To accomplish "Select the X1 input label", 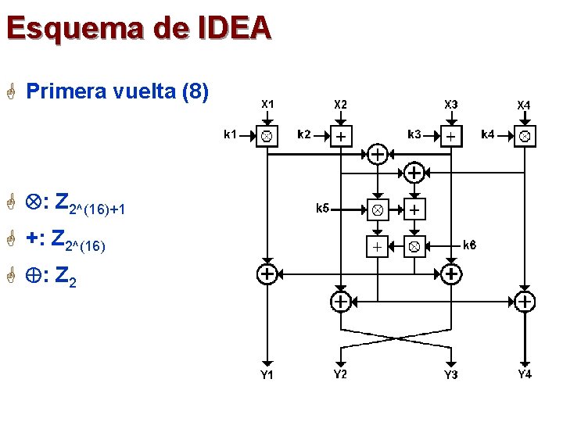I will tap(267, 103).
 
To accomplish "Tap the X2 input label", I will tap(341, 104).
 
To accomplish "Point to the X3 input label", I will tap(451, 104).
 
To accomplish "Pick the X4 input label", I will tap(524, 105).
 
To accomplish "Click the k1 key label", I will tap(231, 134).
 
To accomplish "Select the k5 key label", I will tap(322, 208).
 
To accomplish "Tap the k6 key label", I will tap(470, 245).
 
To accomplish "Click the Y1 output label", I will tap(267, 375).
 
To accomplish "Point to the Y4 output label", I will tap(525, 374).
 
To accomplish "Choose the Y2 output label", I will tap(340, 374).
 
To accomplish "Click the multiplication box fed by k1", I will tap(267, 137).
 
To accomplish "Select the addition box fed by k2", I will tap(341, 137).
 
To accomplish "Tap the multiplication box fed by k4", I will tap(525, 137).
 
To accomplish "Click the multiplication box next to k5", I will tap(377, 209).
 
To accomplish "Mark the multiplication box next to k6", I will tap(414, 246).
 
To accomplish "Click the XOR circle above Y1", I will tap(267, 274).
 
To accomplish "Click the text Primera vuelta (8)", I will tap(117, 92).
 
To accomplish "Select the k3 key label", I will tap(414, 134).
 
